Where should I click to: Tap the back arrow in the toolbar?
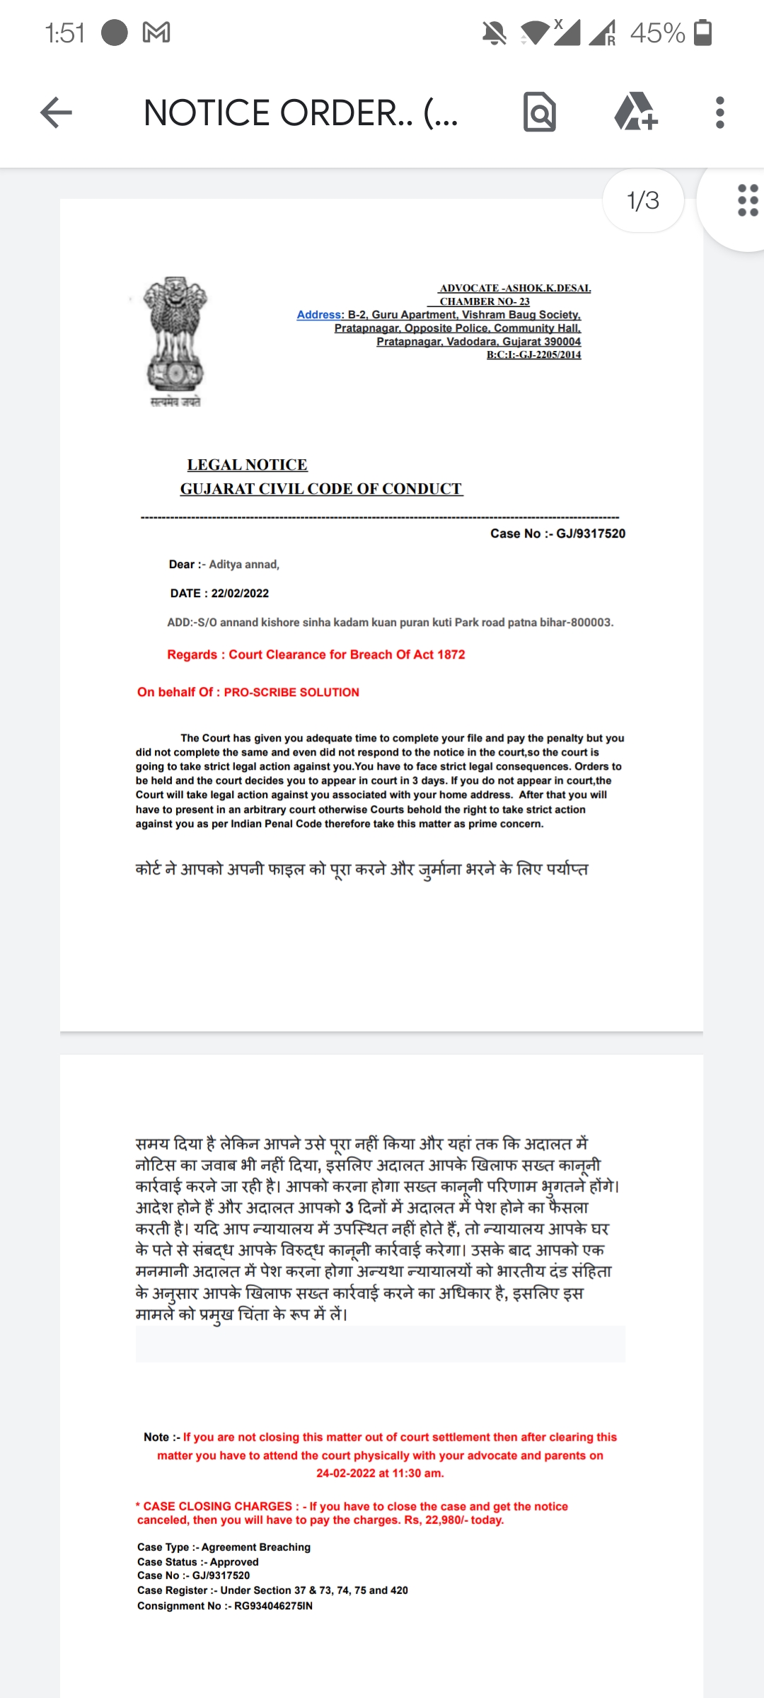pos(57,113)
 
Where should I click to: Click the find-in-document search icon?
pos(540,112)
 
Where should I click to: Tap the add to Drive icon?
pos(635,112)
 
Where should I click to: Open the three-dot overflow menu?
pos(719,112)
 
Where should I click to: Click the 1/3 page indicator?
pos(642,201)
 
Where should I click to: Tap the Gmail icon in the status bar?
pos(156,33)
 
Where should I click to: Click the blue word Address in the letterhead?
pos(319,315)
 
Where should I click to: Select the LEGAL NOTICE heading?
pos(247,465)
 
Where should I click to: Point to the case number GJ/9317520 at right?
pos(591,533)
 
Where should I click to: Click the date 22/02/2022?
pos(240,594)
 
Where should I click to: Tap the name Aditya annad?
pos(243,565)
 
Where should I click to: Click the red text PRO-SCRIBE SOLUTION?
pos(291,693)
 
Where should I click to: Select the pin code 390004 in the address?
pos(562,342)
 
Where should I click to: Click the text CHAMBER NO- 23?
pos(485,301)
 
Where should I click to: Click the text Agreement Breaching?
pos(256,1547)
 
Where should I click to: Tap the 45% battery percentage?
pos(657,33)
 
